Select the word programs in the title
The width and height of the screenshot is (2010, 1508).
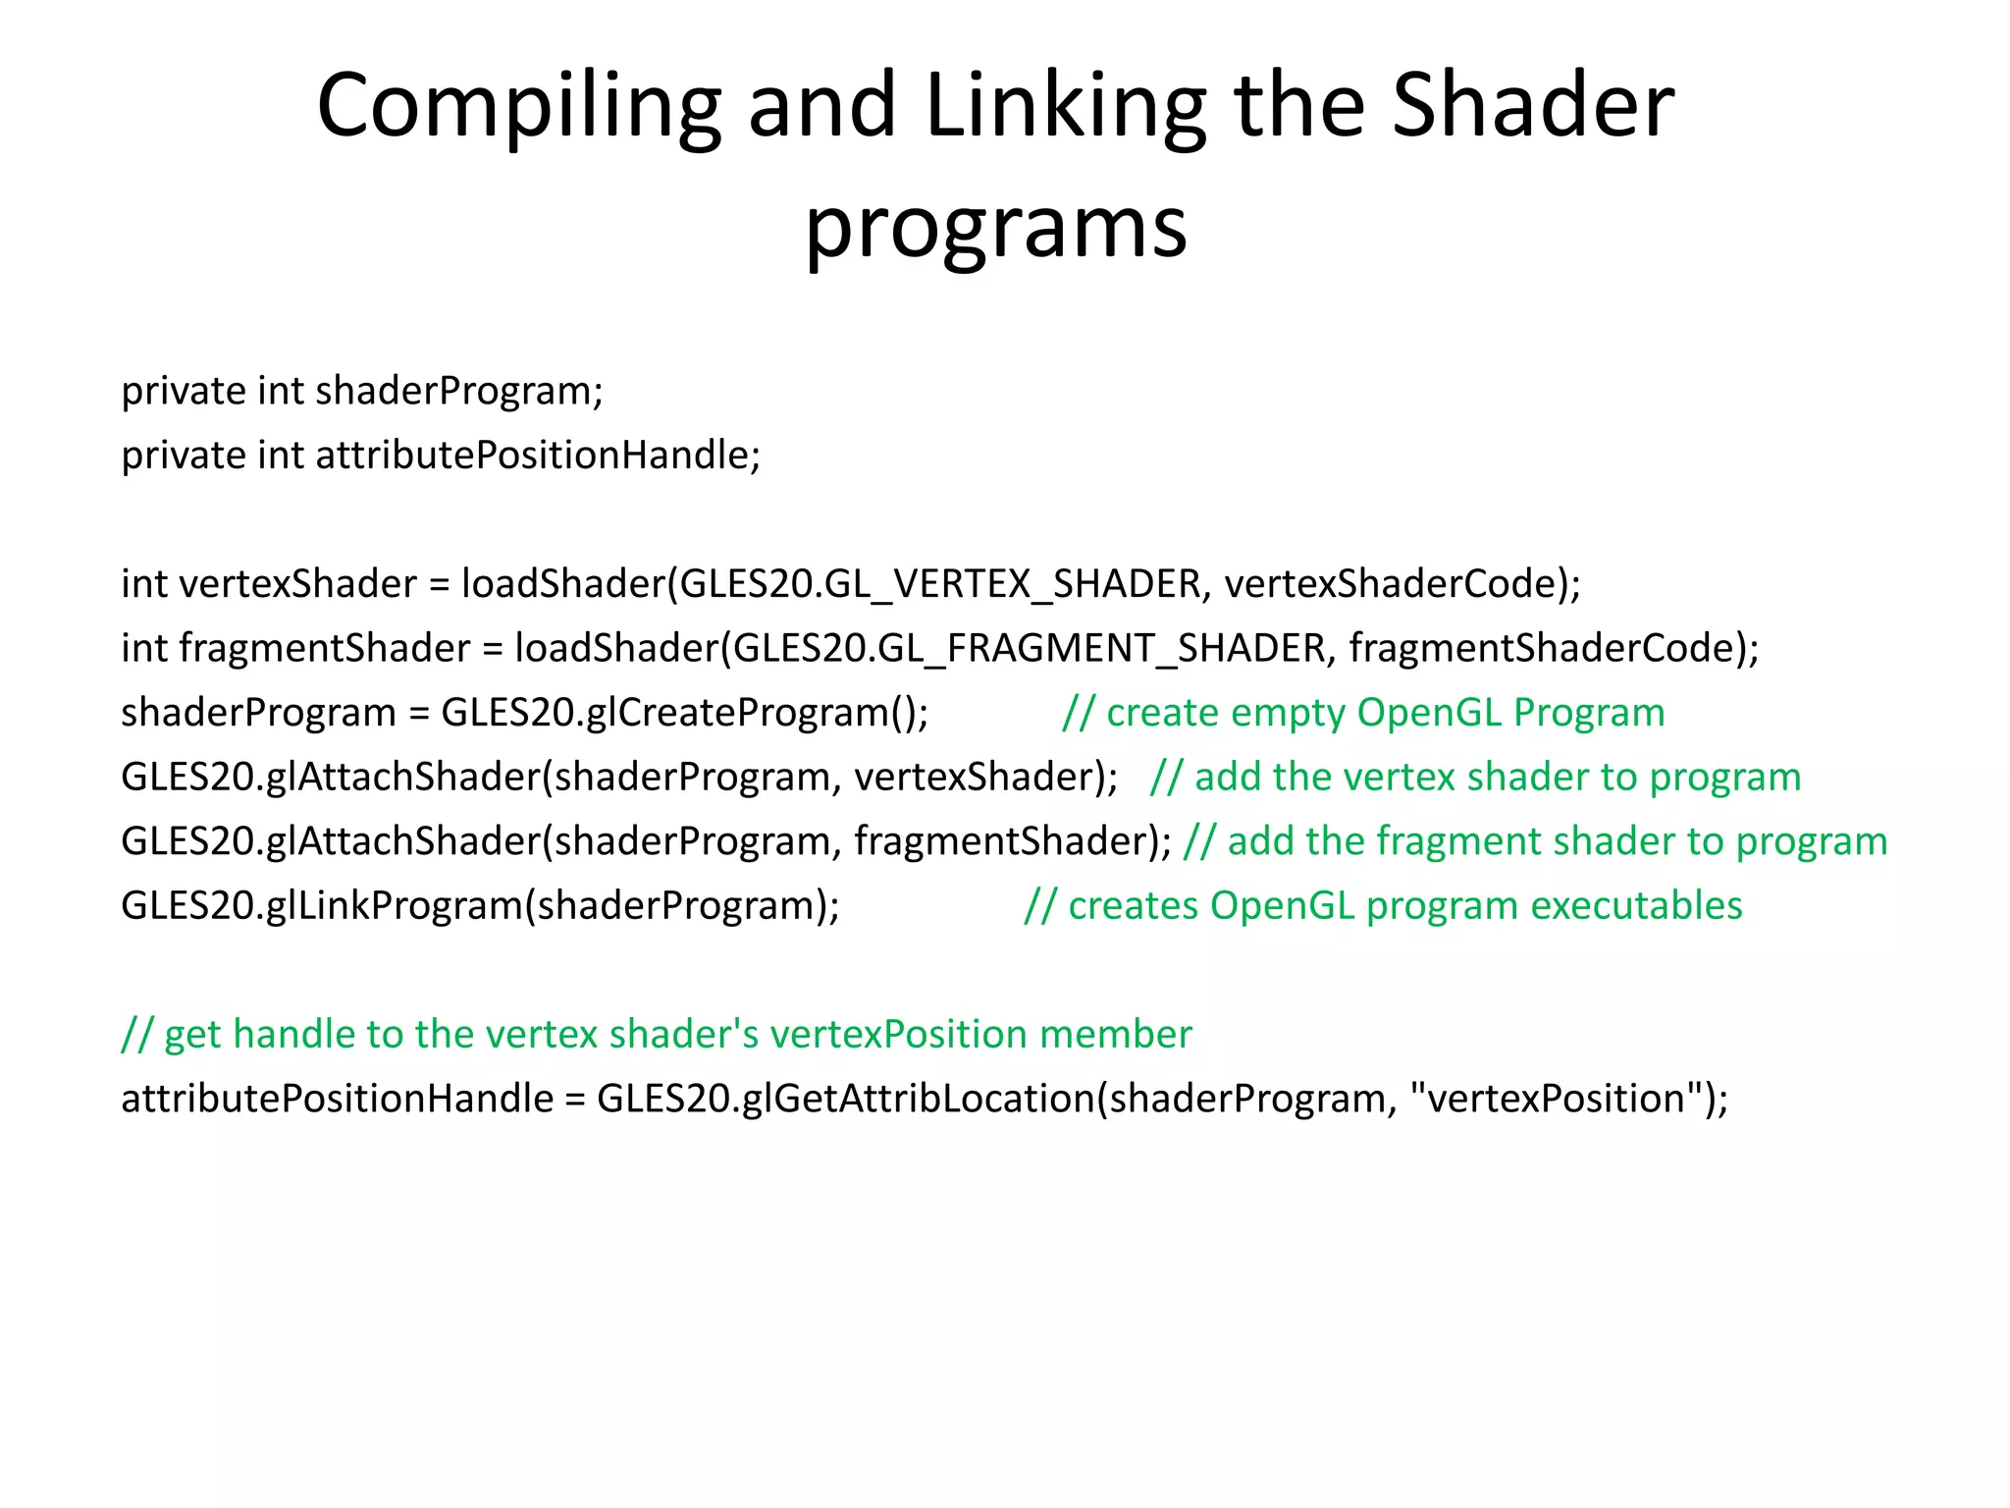pyautogui.click(x=996, y=228)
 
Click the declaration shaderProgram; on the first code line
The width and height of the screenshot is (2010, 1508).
pyautogui.click(x=459, y=392)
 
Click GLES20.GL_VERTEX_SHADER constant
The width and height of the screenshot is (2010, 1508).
pyautogui.click(x=939, y=585)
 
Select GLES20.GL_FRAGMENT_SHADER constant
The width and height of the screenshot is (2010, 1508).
pyautogui.click(x=1029, y=649)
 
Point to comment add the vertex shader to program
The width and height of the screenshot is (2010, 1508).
pyautogui.click(x=1475, y=778)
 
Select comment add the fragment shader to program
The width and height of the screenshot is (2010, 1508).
pyautogui.click(x=1535, y=842)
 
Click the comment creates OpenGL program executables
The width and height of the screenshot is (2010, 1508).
pyautogui.click(x=1383, y=906)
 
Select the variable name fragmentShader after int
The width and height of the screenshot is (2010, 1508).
pyautogui.click(x=325, y=649)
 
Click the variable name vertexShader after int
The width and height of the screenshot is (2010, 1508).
pyautogui.click(x=298, y=585)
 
